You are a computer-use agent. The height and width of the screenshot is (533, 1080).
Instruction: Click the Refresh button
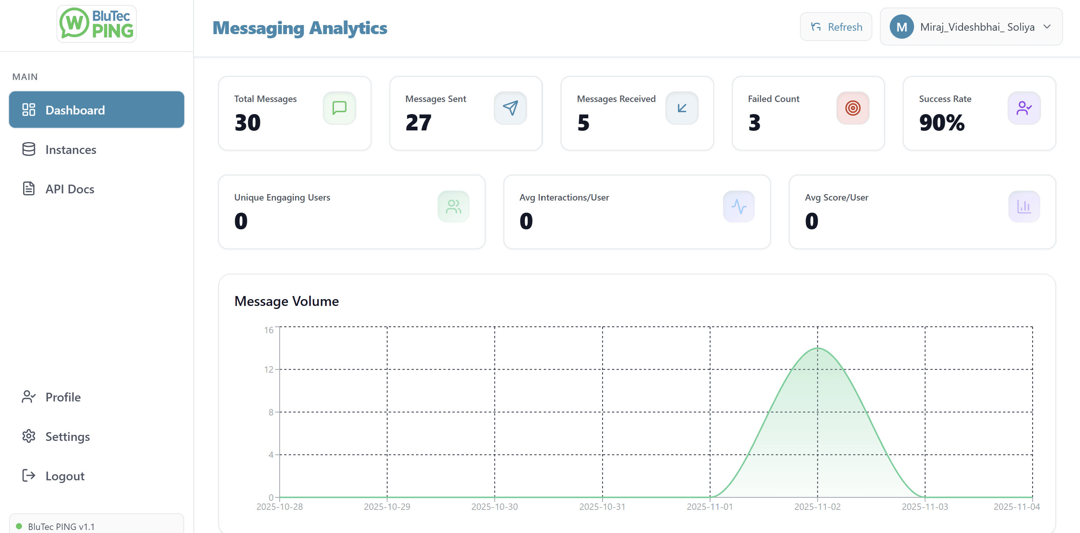pos(836,27)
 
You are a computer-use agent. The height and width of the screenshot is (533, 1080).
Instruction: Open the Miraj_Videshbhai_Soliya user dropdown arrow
pos(1047,27)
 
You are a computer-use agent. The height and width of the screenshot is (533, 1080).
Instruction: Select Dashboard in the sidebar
pos(96,110)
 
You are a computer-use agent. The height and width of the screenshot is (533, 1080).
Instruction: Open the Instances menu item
pos(70,150)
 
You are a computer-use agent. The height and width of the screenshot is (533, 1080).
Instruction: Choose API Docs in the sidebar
pos(70,189)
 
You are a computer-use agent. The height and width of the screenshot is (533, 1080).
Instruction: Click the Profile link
pos(63,397)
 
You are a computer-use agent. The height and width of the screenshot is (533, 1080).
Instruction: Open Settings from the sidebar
pos(67,437)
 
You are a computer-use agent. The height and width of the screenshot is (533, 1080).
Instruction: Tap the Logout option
pos(64,476)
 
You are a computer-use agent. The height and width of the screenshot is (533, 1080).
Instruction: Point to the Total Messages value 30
pos(247,122)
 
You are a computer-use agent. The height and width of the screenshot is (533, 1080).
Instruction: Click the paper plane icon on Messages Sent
pos(510,108)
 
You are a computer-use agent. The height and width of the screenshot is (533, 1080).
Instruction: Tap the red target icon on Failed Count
pos(852,108)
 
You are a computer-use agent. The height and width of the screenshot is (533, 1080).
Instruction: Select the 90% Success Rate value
pos(942,122)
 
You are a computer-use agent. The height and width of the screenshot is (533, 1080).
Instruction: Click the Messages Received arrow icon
pos(682,108)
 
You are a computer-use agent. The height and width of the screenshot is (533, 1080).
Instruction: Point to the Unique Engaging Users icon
pos(453,206)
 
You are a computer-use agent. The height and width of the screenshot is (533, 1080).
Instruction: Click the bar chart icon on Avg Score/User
pos(1024,206)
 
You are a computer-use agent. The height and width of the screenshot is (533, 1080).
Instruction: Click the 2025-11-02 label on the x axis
pos(817,506)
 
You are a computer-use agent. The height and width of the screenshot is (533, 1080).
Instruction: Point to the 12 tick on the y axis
pos(268,370)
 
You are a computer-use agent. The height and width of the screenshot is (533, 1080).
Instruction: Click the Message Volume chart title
pos(286,301)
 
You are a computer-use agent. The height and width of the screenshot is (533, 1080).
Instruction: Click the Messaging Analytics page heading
pos(300,28)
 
